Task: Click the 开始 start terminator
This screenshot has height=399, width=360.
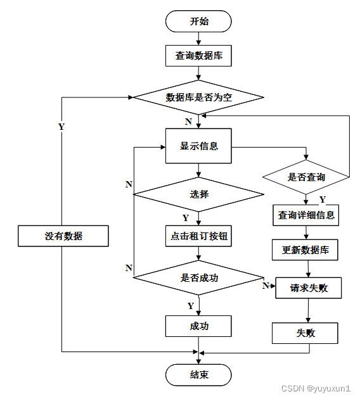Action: [198, 22]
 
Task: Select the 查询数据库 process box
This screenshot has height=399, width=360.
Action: [198, 56]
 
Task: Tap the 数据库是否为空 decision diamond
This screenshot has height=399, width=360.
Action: [198, 97]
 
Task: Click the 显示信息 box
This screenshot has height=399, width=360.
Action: [198, 146]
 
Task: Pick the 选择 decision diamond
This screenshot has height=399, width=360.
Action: [198, 194]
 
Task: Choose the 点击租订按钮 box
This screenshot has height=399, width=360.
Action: [198, 236]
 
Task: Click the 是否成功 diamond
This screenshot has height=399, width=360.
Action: [198, 277]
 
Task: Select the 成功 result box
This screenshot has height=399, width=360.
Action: [198, 326]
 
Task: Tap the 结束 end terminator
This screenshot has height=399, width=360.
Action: [198, 375]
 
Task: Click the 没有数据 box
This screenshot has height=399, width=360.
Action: [63, 236]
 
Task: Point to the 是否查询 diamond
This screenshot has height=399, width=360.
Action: [306, 177]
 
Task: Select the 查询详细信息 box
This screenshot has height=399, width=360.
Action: [305, 215]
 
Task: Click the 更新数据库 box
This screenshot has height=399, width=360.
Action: [305, 250]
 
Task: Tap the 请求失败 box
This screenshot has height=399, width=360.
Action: [309, 288]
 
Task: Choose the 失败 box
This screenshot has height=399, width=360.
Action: [305, 333]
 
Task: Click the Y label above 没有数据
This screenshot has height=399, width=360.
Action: [61, 127]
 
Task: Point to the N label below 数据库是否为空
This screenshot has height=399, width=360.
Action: [188, 122]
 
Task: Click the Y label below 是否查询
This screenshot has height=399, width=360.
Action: [323, 199]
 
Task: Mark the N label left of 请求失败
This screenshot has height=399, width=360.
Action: [266, 286]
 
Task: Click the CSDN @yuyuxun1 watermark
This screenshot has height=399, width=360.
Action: [316, 388]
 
